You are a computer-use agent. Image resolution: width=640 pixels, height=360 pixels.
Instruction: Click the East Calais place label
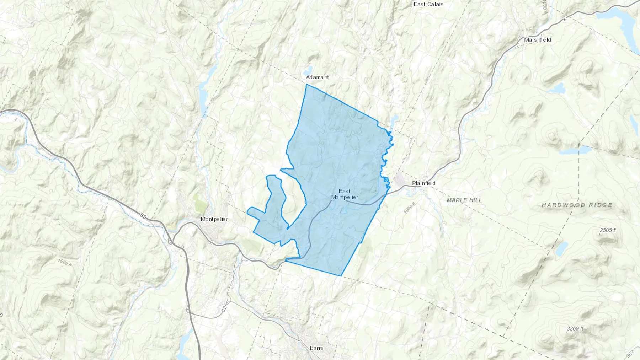[428, 4]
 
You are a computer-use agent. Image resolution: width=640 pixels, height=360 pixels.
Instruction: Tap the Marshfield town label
[537, 40]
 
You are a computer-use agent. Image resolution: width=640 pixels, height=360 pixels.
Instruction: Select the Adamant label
[317, 77]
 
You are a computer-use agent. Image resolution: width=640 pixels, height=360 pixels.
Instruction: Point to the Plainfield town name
[423, 183]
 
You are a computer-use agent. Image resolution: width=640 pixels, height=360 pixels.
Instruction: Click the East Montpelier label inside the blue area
[344, 194]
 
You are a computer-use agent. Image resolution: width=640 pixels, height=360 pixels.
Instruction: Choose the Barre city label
[316, 348]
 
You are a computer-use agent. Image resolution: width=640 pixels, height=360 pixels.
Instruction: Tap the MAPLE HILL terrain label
[464, 200]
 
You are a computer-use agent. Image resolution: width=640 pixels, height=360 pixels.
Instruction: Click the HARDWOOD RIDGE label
[577, 205]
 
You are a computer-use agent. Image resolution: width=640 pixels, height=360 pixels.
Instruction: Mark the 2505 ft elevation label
[608, 230]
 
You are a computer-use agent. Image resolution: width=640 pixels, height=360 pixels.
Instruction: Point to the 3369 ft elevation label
[575, 329]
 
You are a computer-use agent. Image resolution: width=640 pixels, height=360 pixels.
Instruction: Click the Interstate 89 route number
[143, 216]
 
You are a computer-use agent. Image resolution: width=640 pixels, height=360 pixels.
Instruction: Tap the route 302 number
[630, 354]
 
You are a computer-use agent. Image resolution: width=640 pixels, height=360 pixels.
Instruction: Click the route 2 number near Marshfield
[564, 18]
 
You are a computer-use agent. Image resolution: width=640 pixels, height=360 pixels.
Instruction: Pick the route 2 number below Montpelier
[211, 242]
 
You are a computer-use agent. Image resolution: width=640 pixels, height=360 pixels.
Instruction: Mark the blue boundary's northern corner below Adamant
[306, 85]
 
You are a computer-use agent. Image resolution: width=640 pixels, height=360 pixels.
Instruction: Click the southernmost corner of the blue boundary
[341, 276]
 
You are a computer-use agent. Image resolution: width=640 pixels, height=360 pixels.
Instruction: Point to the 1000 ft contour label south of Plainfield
[409, 208]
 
